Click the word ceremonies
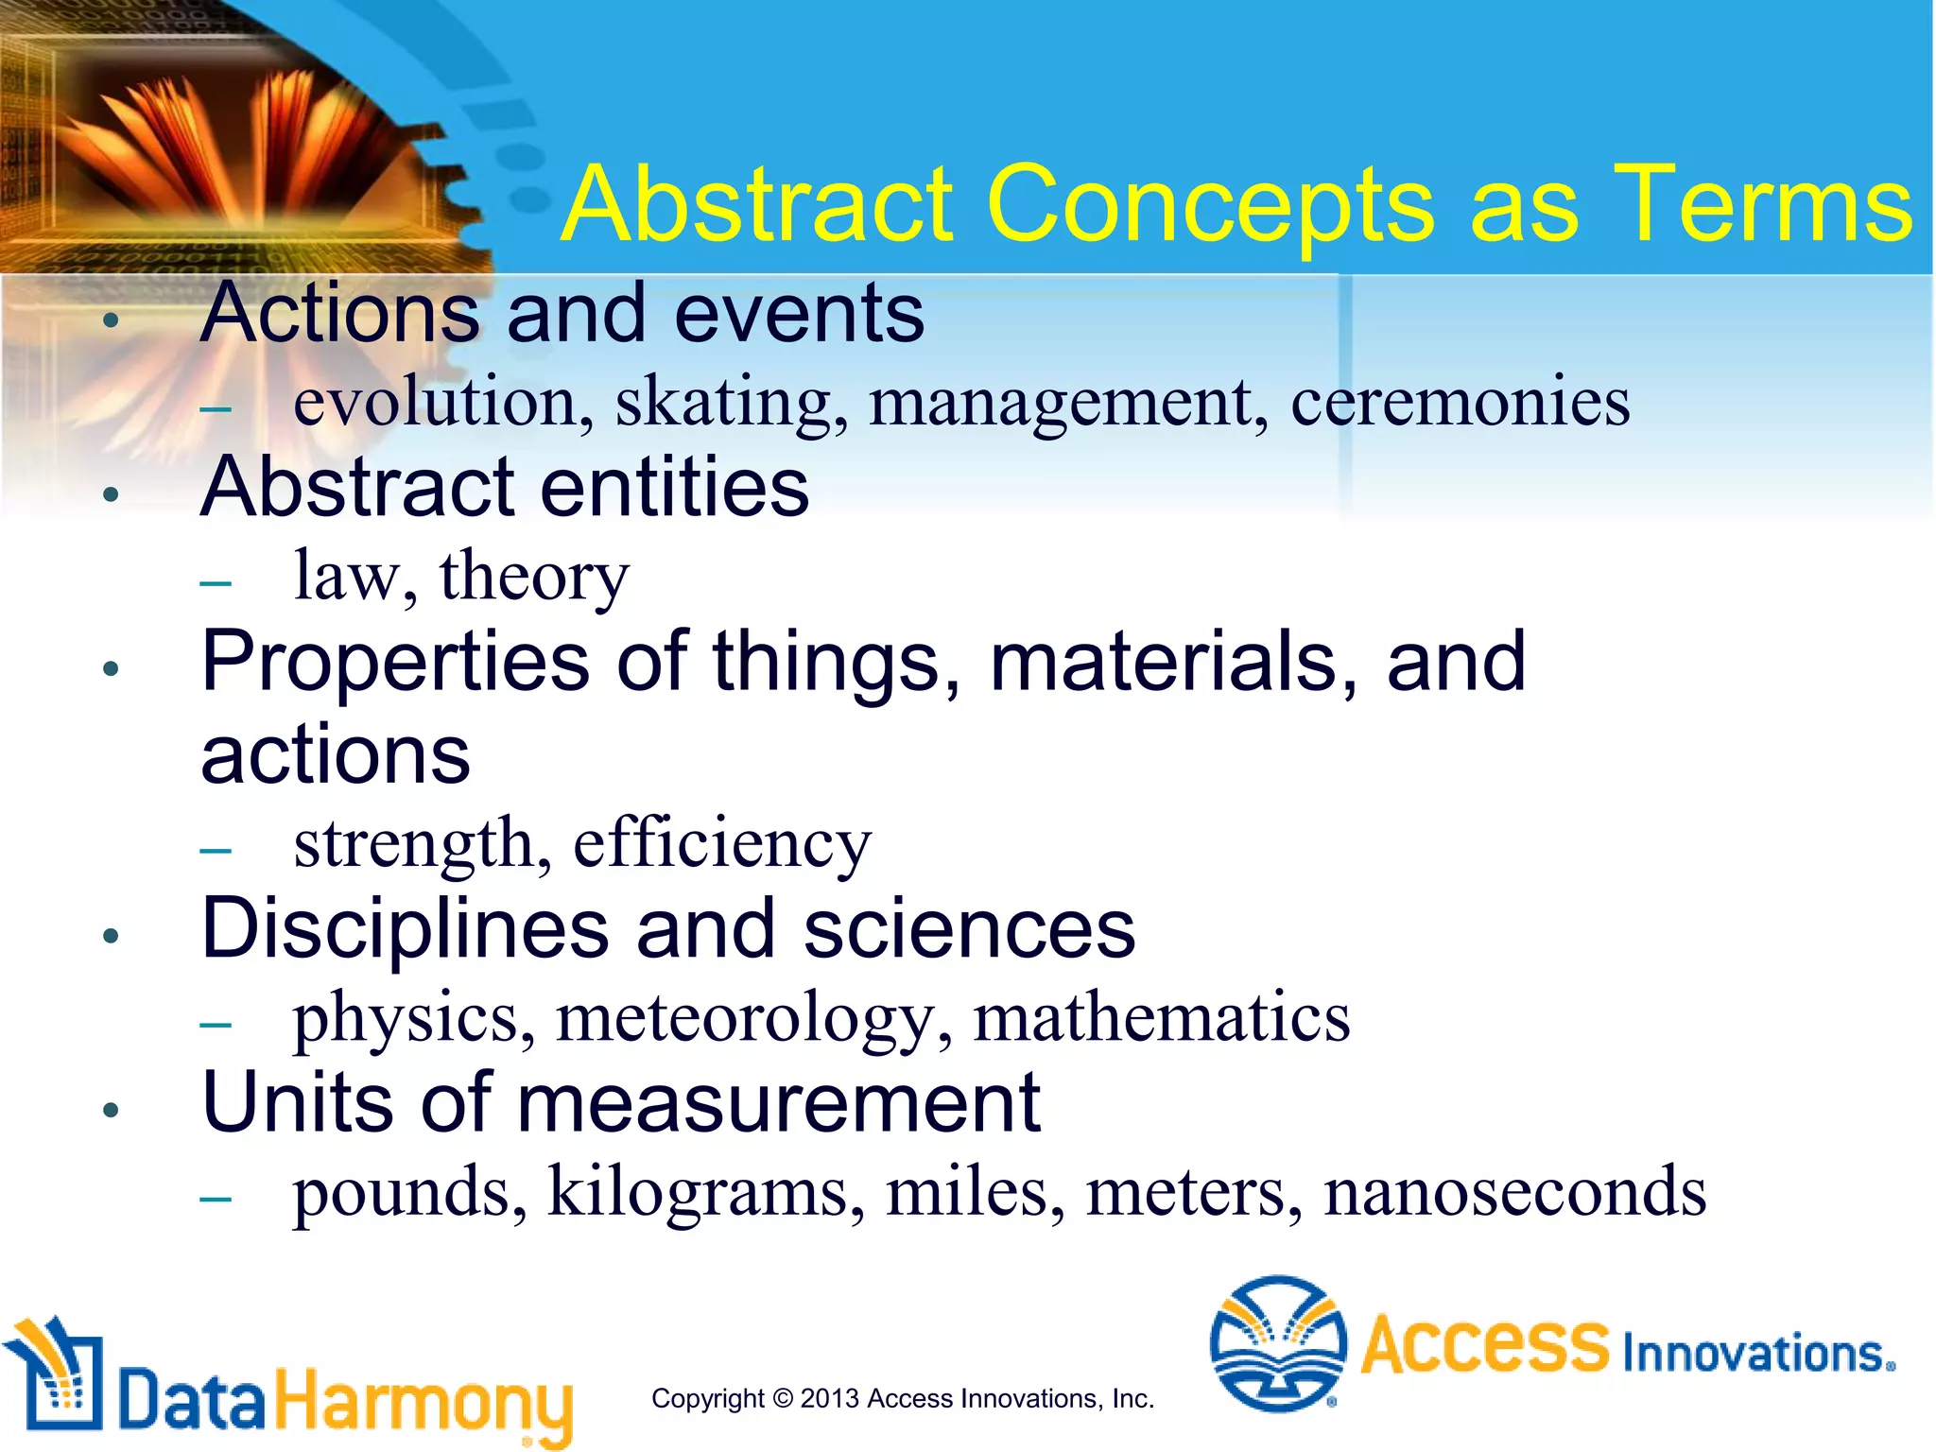tap(1461, 402)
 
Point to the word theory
tap(534, 577)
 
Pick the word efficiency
tap(722, 843)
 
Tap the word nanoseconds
tap(1514, 1192)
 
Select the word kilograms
tap(705, 1194)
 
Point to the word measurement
tap(778, 1103)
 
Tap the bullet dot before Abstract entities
tap(112, 494)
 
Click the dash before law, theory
tap(216, 582)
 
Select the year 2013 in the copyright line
tap(829, 1398)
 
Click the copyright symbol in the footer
tap(782, 1398)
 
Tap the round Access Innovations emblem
tap(1278, 1342)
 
